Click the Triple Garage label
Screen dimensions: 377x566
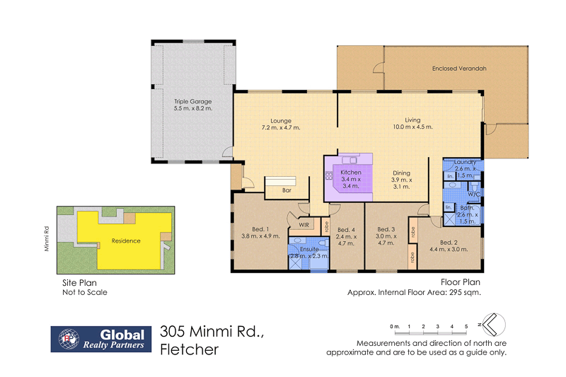pos(193,102)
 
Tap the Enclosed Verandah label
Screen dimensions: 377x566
pos(459,69)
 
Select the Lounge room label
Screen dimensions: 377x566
pos(281,120)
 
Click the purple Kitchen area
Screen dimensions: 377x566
pos(350,178)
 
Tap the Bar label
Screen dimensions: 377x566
pos(287,191)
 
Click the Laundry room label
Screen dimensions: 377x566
pos(465,162)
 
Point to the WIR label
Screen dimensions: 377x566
pos(304,225)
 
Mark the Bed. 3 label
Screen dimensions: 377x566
pos(386,229)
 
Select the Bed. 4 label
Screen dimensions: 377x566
pos(345,229)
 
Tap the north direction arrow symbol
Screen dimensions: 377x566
pos(492,325)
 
